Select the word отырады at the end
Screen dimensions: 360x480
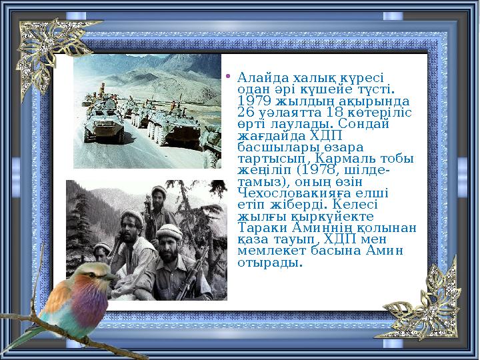268,263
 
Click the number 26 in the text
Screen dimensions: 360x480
245,112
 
